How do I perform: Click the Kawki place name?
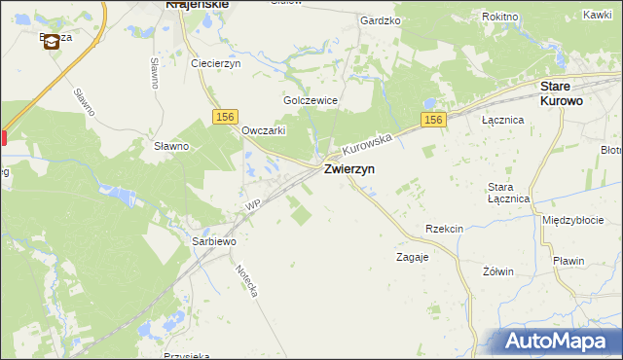(597, 15)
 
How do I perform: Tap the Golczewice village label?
(310, 100)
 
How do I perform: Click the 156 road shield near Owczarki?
(225, 116)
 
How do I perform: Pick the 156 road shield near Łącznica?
(434, 120)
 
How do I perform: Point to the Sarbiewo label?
(214, 239)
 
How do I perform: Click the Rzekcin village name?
(444, 229)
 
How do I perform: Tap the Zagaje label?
(413, 258)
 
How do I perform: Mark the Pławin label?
(567, 261)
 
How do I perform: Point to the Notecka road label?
(246, 279)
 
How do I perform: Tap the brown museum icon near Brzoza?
(51, 43)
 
